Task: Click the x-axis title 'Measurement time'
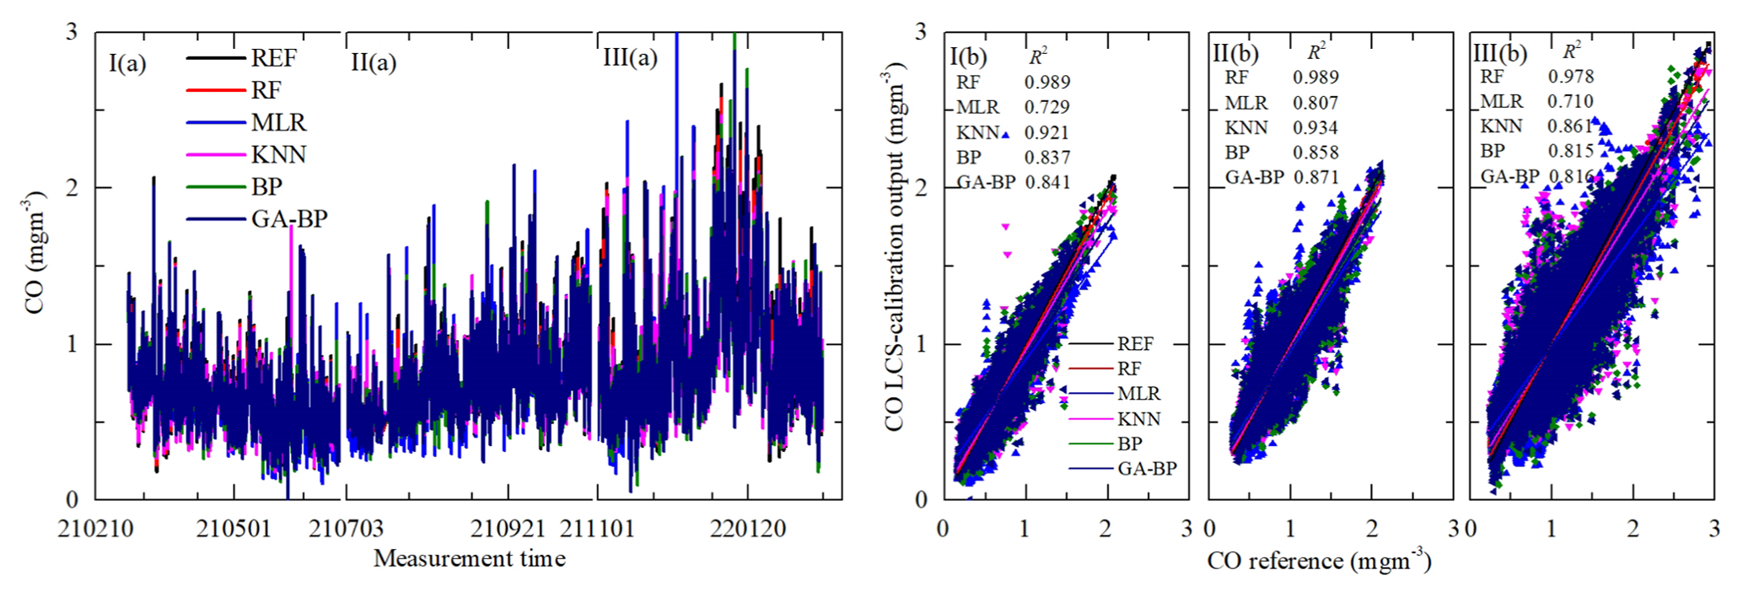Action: pyautogui.click(x=469, y=559)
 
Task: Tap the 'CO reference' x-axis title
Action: pyautogui.click(x=1319, y=562)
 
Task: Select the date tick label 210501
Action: pyautogui.click(x=234, y=530)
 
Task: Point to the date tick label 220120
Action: pyautogui.click(x=748, y=530)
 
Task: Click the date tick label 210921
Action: pyautogui.click(x=508, y=530)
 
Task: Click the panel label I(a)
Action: pyautogui.click(x=126, y=63)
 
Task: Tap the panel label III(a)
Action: pyautogui.click(x=630, y=58)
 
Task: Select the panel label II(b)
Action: pyautogui.click(x=1235, y=54)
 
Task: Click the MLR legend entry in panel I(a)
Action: pyautogui.click(x=278, y=123)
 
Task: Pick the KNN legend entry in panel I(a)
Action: pyautogui.click(x=278, y=155)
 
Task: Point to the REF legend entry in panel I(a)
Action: pyautogui.click(x=273, y=59)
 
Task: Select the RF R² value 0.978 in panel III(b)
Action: pyautogui.click(x=1571, y=77)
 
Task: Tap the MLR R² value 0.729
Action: pyautogui.click(x=1047, y=107)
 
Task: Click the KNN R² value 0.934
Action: pyautogui.click(x=1315, y=128)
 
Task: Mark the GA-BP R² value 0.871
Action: pyautogui.click(x=1315, y=178)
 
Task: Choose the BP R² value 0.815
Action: pyautogui.click(x=1571, y=151)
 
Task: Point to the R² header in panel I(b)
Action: pyautogui.click(x=1038, y=56)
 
